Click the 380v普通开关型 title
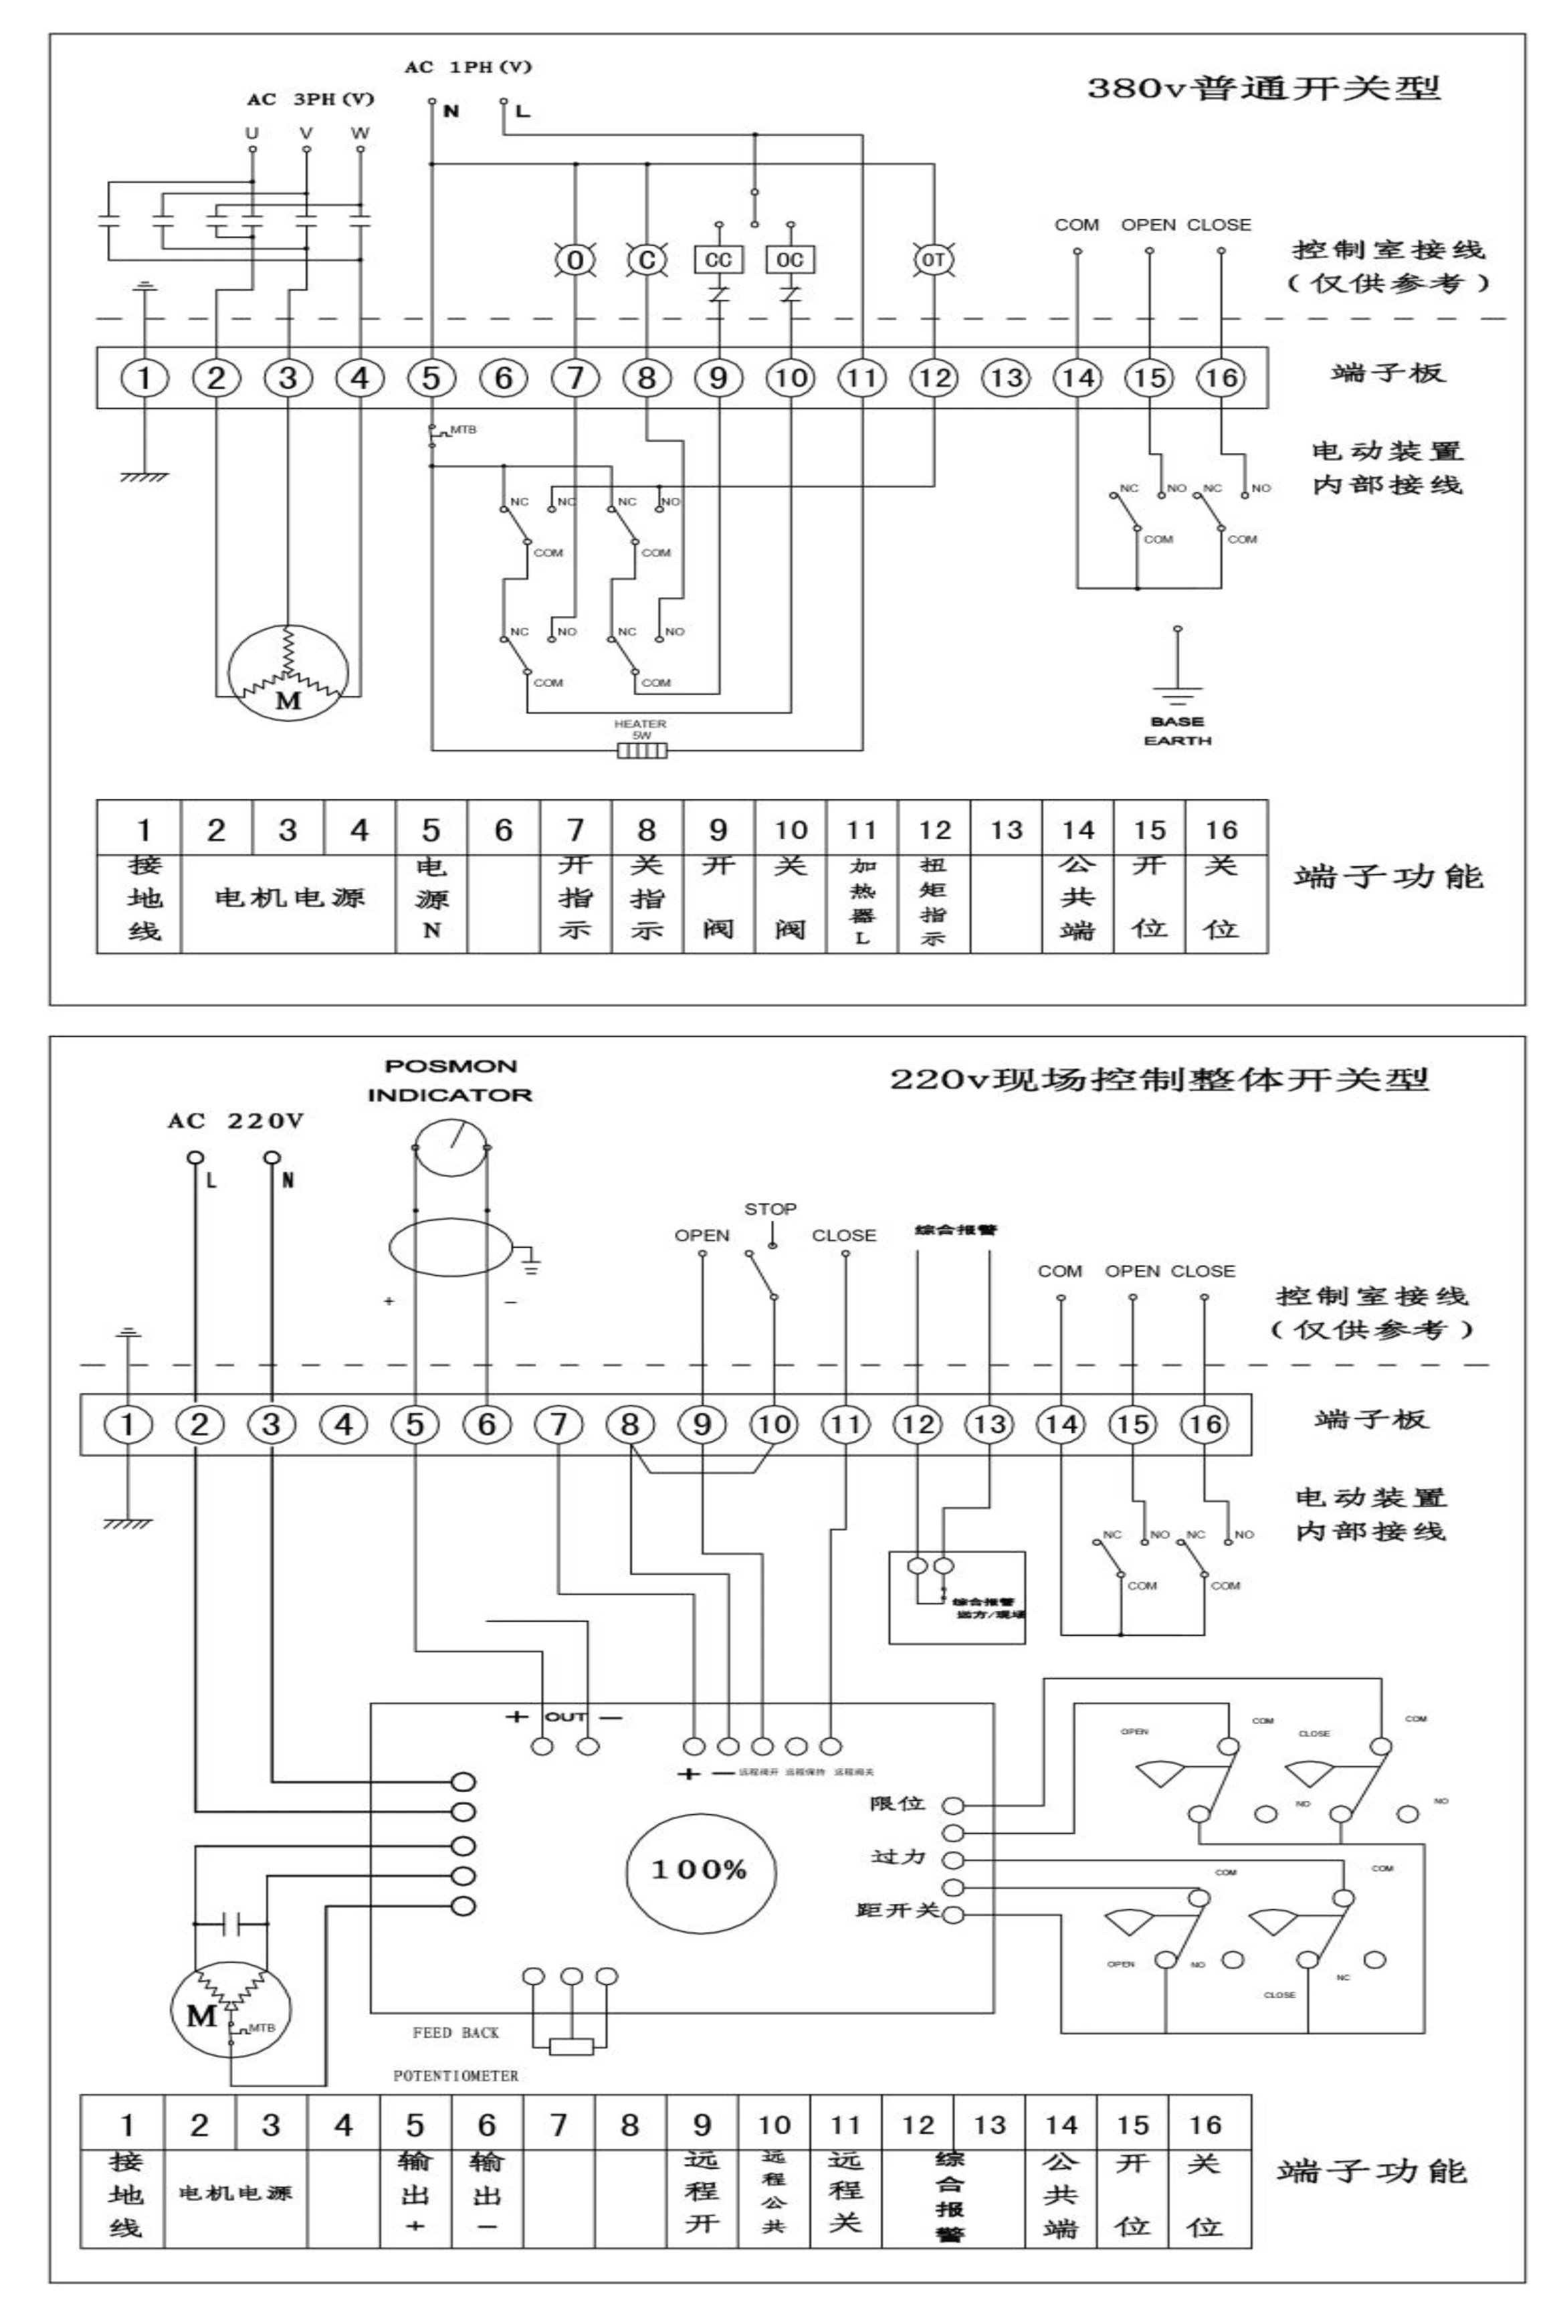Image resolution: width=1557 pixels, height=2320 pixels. coord(1263,88)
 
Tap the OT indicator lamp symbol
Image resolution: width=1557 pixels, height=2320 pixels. coord(934,260)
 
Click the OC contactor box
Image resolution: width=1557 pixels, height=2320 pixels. coord(791,260)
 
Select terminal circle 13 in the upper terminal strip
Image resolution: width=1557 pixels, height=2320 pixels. coord(1006,377)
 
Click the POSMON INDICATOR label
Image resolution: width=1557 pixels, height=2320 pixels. coord(450,1080)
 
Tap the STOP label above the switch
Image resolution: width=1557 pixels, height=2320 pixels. coord(770,1209)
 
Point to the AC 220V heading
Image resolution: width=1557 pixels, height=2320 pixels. coord(235,1121)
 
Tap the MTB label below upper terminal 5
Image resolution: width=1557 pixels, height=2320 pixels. coord(463,430)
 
